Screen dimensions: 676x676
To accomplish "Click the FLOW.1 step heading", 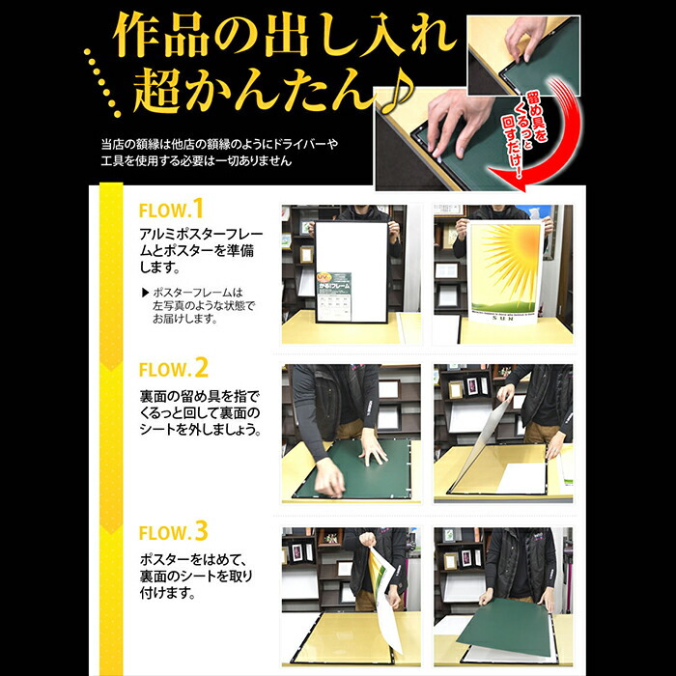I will [173, 209].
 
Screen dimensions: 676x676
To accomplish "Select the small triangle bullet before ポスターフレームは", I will [144, 291].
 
